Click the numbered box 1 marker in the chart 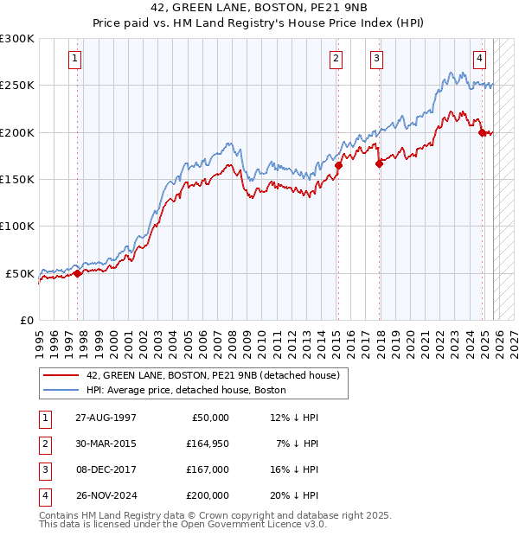click(x=76, y=59)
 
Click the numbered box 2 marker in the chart click(x=335, y=59)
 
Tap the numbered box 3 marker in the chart click(x=377, y=59)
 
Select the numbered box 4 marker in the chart click(x=479, y=59)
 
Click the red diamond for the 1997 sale click(x=77, y=273)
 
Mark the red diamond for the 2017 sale click(x=379, y=163)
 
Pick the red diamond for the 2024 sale click(x=482, y=132)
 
